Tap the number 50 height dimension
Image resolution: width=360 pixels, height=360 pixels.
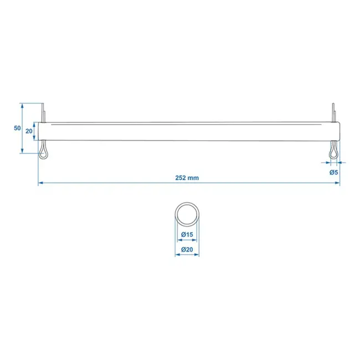[x=17, y=128]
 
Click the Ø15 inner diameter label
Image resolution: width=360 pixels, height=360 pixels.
[x=187, y=235]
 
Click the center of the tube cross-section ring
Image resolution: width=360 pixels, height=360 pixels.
[x=187, y=214]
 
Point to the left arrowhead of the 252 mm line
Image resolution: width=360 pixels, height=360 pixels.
[x=40, y=183]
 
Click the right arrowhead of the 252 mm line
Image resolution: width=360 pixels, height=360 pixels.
[x=337, y=183]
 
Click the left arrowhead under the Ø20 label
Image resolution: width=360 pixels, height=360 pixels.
[x=177, y=256]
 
